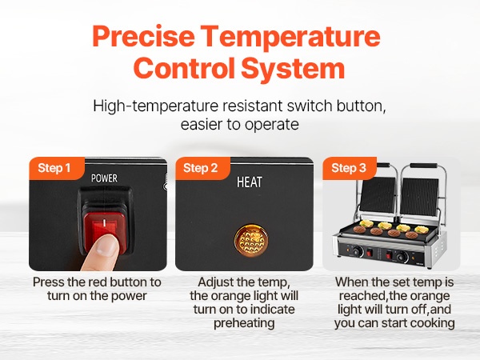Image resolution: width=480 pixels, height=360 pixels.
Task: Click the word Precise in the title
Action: (x=143, y=36)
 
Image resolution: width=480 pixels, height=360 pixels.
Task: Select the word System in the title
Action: (x=294, y=69)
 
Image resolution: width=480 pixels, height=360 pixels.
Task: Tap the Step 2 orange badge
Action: (x=202, y=168)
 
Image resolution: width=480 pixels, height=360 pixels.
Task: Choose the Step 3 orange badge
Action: (x=349, y=168)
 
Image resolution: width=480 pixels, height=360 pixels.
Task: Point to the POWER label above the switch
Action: (x=104, y=178)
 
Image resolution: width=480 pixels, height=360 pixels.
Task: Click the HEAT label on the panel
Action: (x=250, y=182)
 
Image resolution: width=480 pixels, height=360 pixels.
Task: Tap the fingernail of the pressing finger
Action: (x=106, y=246)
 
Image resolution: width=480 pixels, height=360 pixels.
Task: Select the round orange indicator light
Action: (x=251, y=240)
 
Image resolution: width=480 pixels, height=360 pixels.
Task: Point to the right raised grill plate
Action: (x=421, y=197)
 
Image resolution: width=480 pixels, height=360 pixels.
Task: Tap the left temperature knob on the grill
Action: (x=357, y=252)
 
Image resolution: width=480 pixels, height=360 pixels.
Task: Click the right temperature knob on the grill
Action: (x=402, y=257)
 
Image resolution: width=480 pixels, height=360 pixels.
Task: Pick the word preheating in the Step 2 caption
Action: (x=244, y=323)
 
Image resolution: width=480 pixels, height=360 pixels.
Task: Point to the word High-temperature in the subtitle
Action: (x=156, y=106)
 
